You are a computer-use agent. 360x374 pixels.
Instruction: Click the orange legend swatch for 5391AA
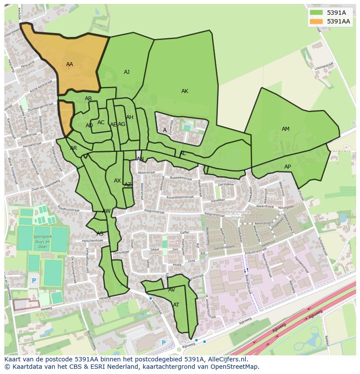pyautogui.click(x=316, y=21)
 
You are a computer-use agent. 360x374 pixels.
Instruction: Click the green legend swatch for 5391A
pyautogui.click(x=316, y=13)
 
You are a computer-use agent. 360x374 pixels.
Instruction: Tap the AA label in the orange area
pyautogui.click(x=70, y=64)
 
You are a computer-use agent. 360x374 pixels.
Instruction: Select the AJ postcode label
pyautogui.click(x=127, y=72)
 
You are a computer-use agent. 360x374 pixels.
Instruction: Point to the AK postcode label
pyautogui.click(x=185, y=91)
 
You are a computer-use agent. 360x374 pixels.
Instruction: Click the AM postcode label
pyautogui.click(x=285, y=129)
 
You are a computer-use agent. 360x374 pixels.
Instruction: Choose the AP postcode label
pyautogui.click(x=287, y=167)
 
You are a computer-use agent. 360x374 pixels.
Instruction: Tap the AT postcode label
pyautogui.click(x=176, y=305)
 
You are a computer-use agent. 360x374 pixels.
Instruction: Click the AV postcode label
pyautogui.click(x=171, y=290)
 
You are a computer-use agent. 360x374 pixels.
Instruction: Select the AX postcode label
pyautogui.click(x=117, y=181)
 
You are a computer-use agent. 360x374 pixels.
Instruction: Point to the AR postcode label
pyautogui.click(x=73, y=148)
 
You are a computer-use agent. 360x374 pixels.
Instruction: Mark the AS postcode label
pyautogui.click(x=100, y=234)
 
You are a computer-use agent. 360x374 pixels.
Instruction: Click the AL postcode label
pyautogui.click(x=183, y=153)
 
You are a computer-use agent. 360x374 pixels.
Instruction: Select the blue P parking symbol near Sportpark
pyautogui.click(x=34, y=281)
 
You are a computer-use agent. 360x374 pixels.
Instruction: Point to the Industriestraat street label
pyautogui.click(x=256, y=251)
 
